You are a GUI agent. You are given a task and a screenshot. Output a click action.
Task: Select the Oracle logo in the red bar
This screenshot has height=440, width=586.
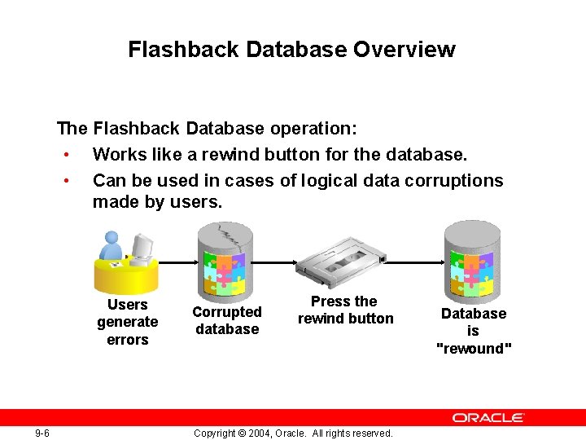[x=488, y=417]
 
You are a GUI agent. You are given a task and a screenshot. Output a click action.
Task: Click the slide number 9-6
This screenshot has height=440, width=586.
[x=42, y=433]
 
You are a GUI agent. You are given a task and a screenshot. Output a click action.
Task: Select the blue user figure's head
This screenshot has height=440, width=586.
[x=112, y=240]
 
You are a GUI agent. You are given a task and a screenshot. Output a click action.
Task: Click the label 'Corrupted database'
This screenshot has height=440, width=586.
[x=227, y=320]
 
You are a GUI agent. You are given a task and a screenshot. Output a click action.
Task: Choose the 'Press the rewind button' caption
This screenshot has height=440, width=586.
[x=345, y=310]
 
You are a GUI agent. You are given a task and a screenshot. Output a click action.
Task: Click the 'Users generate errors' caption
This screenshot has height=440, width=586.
[x=128, y=322]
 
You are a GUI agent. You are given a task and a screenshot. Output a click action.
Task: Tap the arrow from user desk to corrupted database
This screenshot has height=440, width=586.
[x=177, y=262]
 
